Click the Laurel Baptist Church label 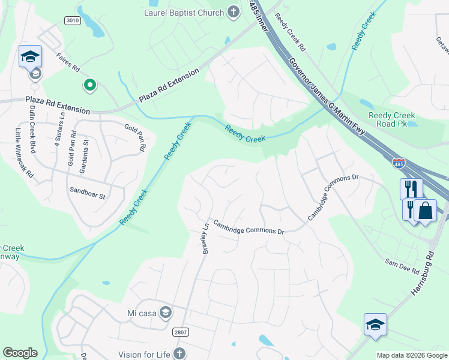pos(183,12)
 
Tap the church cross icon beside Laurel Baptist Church pos(234,12)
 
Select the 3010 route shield pos(72,20)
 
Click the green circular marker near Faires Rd pos(90,86)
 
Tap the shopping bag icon pos(425,211)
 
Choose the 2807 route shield pos(180,332)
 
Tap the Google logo pos(20,353)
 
